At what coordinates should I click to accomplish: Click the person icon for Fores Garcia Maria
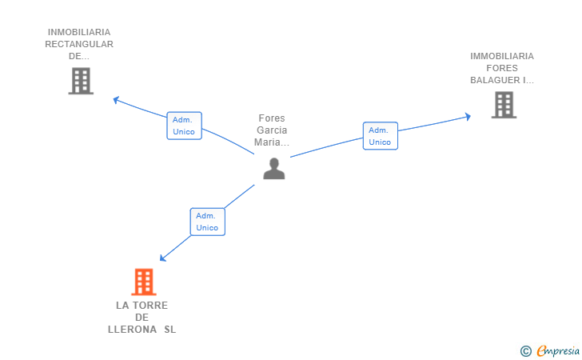[x=274, y=168]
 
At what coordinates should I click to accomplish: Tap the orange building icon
[x=143, y=282]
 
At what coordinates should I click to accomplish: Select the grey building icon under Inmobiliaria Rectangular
[x=81, y=81]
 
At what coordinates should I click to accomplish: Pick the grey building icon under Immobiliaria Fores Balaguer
[x=503, y=105]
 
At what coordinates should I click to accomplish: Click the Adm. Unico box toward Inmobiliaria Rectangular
[x=184, y=126]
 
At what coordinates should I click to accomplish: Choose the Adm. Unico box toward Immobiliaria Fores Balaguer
[x=380, y=136]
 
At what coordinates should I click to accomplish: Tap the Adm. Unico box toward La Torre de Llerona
[x=207, y=222]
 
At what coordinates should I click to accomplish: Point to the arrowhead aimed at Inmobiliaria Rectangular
[x=116, y=100]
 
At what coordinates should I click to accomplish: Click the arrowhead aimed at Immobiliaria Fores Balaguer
[x=468, y=117]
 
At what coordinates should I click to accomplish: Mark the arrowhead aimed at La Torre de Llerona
[x=163, y=258]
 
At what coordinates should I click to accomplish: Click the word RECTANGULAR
[x=79, y=45]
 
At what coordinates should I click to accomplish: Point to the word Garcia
[x=272, y=130]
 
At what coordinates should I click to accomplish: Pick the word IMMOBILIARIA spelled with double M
[x=502, y=56]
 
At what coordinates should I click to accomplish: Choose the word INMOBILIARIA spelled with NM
[x=79, y=33]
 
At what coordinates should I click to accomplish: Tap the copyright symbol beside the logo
[x=525, y=350]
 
